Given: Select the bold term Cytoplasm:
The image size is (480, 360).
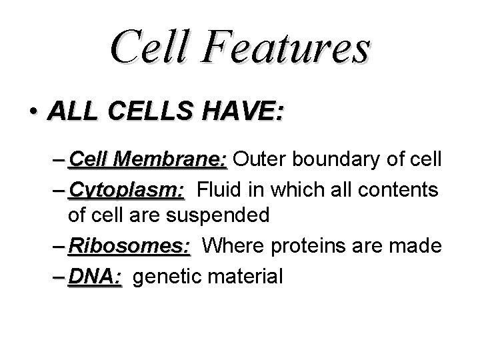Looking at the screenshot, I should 126,190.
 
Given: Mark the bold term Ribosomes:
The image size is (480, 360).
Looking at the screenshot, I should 129,246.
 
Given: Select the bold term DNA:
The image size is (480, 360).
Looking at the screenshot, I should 95,275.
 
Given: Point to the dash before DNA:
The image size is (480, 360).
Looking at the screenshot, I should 57,275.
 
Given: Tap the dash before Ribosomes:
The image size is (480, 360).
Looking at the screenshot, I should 57,247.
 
